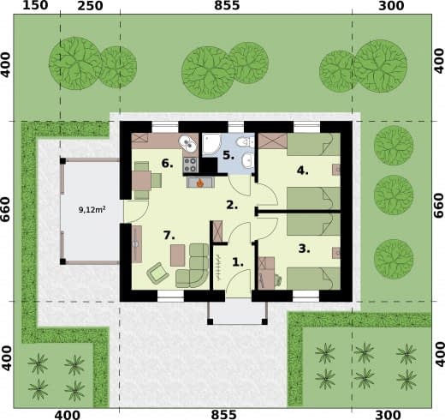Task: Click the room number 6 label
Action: tap(167, 164)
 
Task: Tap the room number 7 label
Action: tap(169, 235)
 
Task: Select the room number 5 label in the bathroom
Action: tap(228, 155)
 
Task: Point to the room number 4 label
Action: tap(302, 171)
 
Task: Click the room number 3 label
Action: tap(304, 249)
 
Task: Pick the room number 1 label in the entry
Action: tap(238, 262)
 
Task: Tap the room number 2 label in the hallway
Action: tap(232, 205)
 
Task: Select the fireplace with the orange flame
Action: tap(200, 183)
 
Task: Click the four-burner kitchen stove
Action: tap(191, 165)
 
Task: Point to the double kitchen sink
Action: tap(187, 143)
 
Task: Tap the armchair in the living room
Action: tap(157, 273)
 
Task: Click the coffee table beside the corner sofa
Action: tap(178, 255)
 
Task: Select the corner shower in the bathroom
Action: tap(211, 145)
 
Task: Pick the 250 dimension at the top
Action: tap(90, 6)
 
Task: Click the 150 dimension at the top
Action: tap(35, 5)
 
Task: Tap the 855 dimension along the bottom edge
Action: tap(224, 415)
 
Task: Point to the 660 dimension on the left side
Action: tap(6, 209)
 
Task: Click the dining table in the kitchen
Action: tap(141, 181)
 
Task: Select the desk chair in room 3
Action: tap(277, 280)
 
